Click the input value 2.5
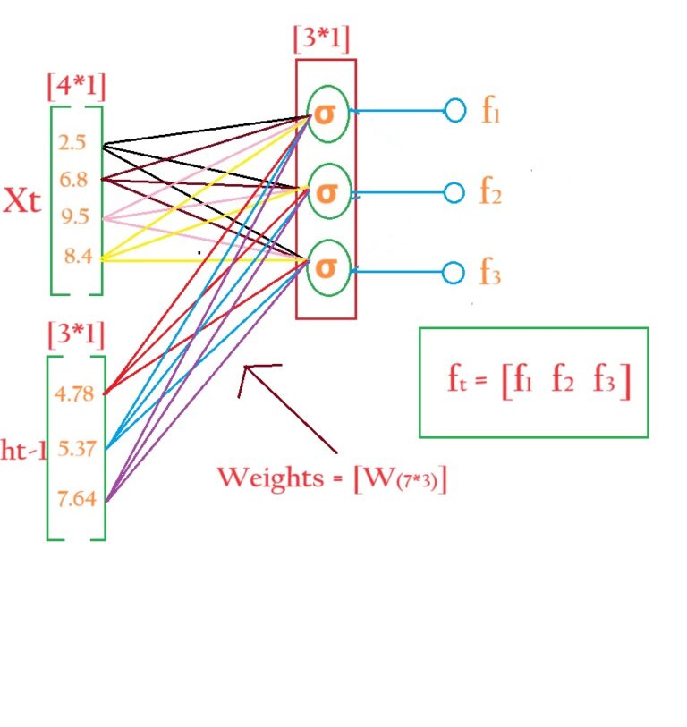point(72,141)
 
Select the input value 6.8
point(72,180)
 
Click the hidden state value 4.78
point(74,393)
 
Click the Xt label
point(22,201)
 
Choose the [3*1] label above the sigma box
point(321,40)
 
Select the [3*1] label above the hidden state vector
point(76,335)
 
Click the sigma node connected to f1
point(327,114)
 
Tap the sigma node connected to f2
point(327,191)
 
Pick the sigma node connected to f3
point(327,267)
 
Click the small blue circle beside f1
point(455,112)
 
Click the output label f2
point(490,192)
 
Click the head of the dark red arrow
point(243,370)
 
